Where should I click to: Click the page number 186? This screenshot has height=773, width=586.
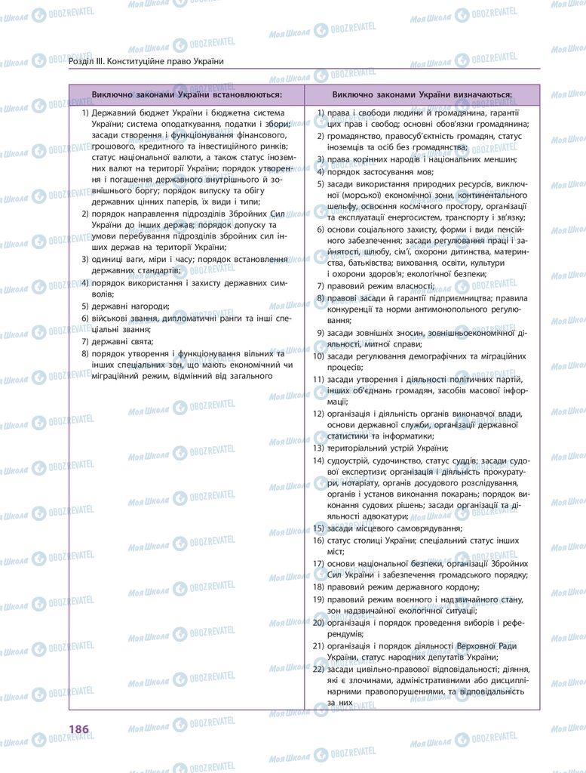click(78, 728)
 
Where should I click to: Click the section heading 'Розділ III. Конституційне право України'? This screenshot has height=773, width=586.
click(146, 61)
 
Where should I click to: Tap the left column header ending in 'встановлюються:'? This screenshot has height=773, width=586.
click(187, 95)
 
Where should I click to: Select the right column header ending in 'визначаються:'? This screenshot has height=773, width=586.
click(422, 95)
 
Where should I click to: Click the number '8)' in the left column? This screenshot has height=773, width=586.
click(85, 353)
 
